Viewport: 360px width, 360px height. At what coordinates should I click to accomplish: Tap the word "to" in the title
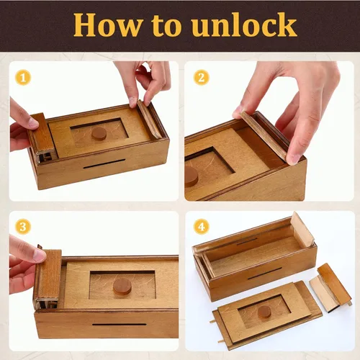point(167,26)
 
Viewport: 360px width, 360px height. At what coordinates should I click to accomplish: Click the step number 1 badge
point(24,76)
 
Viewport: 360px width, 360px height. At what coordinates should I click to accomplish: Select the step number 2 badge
point(201,76)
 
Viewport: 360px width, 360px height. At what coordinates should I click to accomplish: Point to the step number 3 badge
point(24,227)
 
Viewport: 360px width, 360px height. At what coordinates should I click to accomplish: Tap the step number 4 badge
point(201,227)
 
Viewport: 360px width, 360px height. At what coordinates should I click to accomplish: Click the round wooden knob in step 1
point(99,133)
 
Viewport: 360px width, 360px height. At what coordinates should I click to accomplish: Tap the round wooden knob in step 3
point(122,286)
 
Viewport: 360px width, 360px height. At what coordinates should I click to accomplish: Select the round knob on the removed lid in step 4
point(264,312)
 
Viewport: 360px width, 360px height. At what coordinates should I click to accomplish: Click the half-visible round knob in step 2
point(192,176)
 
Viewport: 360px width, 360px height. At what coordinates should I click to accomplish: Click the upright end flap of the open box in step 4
point(303,230)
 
